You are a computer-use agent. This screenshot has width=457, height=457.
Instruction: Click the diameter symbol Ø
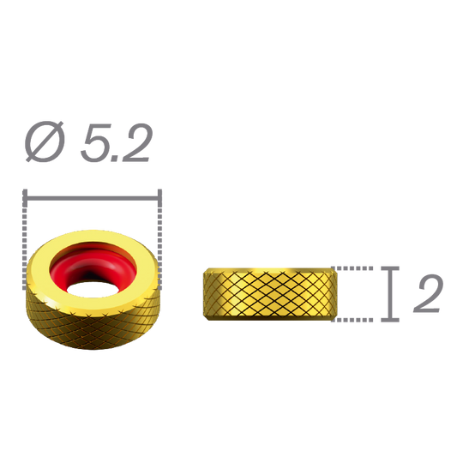(x=45, y=143)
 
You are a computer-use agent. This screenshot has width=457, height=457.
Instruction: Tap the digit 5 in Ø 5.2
(x=95, y=143)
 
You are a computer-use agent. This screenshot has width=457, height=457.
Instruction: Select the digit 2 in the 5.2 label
(x=135, y=143)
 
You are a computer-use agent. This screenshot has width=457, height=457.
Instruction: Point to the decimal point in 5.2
(x=116, y=159)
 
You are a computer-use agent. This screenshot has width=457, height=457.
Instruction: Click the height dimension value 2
(x=427, y=294)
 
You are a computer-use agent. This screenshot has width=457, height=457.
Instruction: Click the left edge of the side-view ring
(x=204, y=294)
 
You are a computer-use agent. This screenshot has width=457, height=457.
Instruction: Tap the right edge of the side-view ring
(x=332, y=294)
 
